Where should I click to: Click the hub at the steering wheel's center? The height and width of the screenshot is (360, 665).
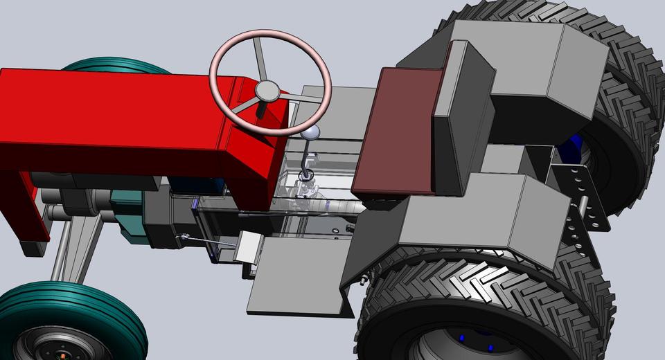tap(267, 91)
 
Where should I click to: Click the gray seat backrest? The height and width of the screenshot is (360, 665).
tap(462, 118)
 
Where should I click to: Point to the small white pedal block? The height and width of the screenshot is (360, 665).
tap(247, 248)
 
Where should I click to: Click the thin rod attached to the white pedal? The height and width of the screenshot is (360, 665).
tap(208, 241)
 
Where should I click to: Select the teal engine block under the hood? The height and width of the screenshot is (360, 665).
tap(128, 215)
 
